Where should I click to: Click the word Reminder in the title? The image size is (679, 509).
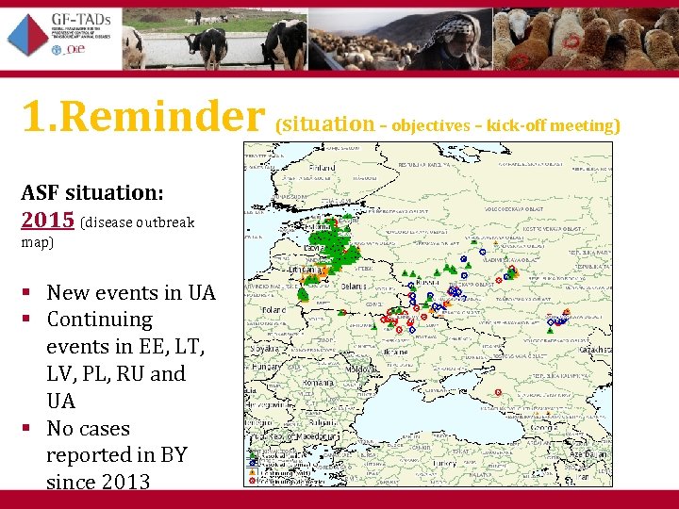pos(171,116)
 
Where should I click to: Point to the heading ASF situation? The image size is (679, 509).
pos(92,192)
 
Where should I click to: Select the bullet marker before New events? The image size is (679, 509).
pos(31,293)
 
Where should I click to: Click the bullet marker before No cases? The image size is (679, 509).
pos(31,429)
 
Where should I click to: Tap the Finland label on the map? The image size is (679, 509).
pos(322,168)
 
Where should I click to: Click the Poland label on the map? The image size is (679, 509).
pos(274,308)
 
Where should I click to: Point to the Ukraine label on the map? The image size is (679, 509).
pos(395,352)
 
